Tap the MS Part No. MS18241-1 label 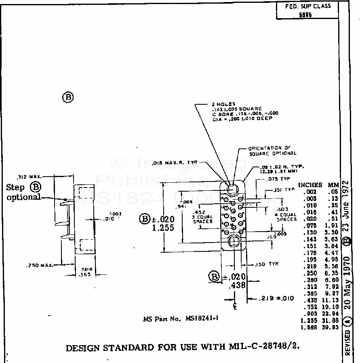point(181,318)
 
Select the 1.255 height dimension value point(163,228)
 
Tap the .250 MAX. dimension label point(40,266)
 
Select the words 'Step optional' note point(23,192)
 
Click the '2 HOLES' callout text point(223,104)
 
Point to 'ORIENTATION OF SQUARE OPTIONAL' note point(272,151)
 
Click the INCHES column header point(310,185)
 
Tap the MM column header point(333,185)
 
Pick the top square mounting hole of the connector point(234,189)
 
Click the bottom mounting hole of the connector point(234,241)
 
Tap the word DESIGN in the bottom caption point(82,348)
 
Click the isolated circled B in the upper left point(68,97)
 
